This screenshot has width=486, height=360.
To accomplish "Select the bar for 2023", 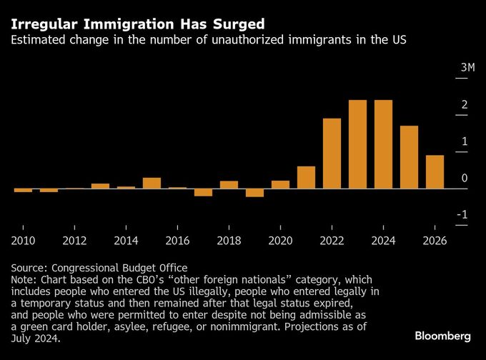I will [x=357, y=144].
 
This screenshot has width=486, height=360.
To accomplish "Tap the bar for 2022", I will [x=332, y=154].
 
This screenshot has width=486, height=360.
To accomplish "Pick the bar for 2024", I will [x=383, y=144].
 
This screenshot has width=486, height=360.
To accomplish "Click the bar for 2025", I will [x=409, y=157].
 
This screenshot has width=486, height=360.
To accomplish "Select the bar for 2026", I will [x=435, y=172].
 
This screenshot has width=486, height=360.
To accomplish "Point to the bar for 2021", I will [x=306, y=177].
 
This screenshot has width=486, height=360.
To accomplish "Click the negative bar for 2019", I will [x=254, y=193].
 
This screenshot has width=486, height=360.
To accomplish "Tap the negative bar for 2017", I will [x=203, y=192].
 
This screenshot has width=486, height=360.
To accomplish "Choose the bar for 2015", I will [x=152, y=184].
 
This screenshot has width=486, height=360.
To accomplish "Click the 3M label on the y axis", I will [x=467, y=68].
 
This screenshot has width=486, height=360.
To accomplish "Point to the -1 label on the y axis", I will [x=462, y=215].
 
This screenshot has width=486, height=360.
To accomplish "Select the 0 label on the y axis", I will [x=465, y=178].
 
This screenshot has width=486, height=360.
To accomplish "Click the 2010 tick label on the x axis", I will [x=24, y=241].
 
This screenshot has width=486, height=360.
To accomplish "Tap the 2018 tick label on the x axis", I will [x=229, y=241].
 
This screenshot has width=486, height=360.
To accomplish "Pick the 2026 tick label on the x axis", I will [x=435, y=241].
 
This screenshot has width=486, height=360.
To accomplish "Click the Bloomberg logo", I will [x=442, y=336].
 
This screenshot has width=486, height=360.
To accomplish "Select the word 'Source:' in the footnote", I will [x=31, y=268].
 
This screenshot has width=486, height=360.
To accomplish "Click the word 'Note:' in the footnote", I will [x=26, y=279].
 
